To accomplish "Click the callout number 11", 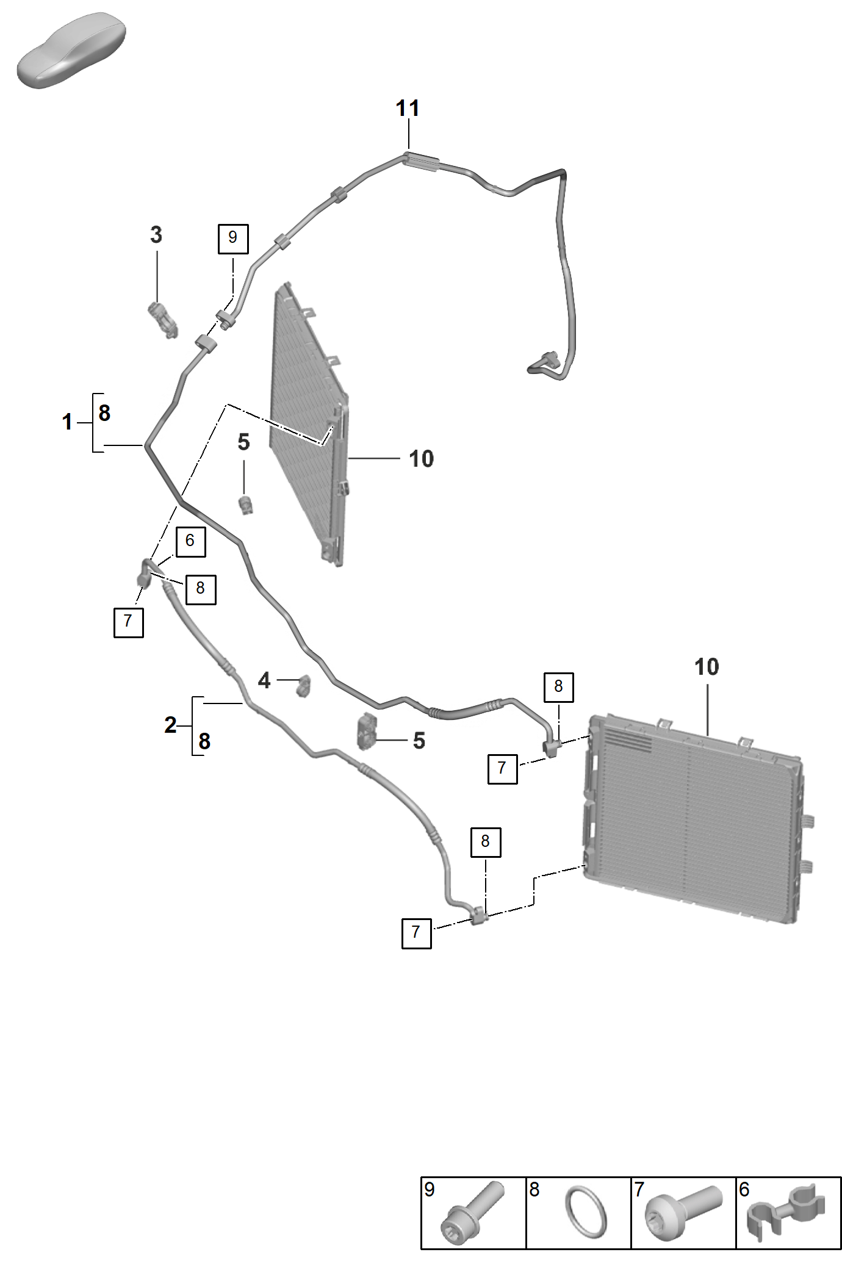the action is coord(408,109).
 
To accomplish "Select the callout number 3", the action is coord(156,235).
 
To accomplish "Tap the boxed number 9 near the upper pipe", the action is coord(233,239).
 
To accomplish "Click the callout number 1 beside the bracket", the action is coord(67,422).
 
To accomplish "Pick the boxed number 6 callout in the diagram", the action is coord(190,541).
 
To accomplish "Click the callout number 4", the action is coord(264,680).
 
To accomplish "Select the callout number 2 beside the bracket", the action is coord(170,725).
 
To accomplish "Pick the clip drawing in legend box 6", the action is coord(787,1212).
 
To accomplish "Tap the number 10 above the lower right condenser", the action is coord(707,667).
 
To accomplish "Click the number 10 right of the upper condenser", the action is coord(421,459).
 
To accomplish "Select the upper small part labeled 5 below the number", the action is coord(246,505).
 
